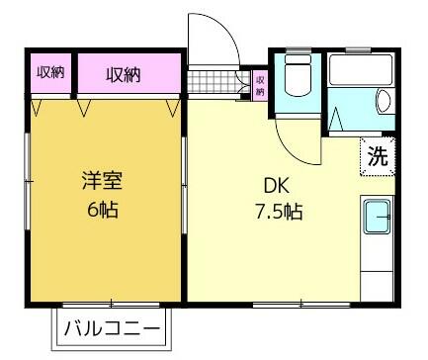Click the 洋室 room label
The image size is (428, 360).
coord(102,181)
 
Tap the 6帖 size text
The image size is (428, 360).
coord(103,209)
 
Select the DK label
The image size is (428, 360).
coord(277,186)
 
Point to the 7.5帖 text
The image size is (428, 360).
coord(279,212)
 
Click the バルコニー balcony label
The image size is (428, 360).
coord(112,328)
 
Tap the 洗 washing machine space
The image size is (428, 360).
coord(378,156)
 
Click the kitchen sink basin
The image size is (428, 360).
coord(377,217)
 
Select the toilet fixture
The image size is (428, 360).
coord(299,75)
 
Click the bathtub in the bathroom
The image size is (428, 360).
coord(361,70)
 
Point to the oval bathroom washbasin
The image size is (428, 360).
coord(384,101)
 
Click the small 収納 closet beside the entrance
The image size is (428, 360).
coord(260,85)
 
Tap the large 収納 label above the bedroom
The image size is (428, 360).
coord(124,75)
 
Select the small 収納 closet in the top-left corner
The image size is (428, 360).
coord(50,72)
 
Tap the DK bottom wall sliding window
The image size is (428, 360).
coord(301,305)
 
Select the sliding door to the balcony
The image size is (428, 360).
coord(111,305)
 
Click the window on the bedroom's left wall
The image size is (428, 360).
coord(28,181)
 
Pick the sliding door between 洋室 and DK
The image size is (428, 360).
coord(184,186)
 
